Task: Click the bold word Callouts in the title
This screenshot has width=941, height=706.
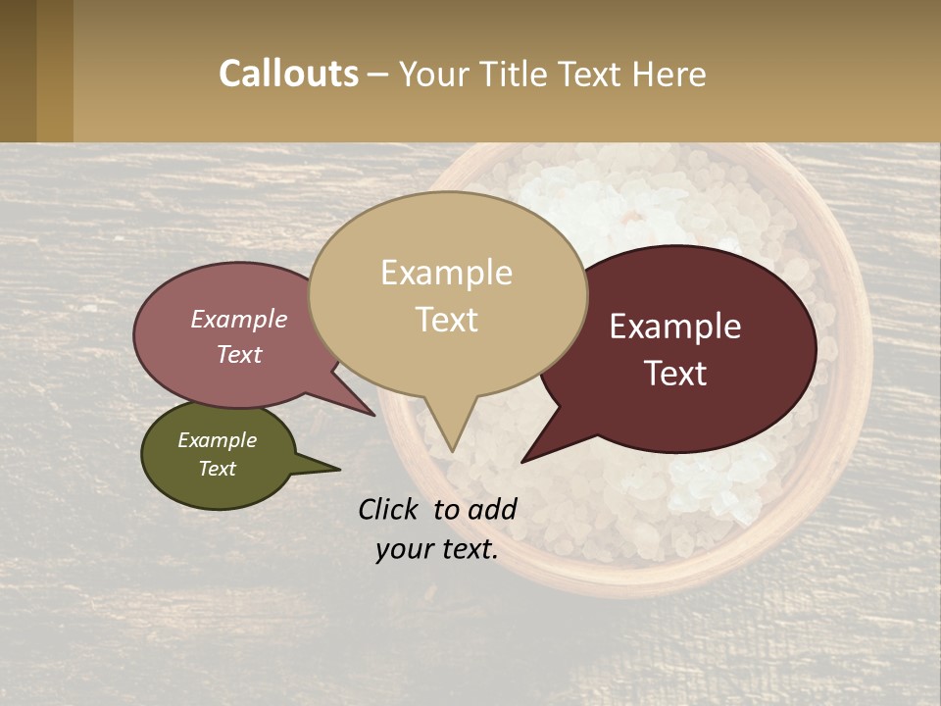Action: tap(288, 74)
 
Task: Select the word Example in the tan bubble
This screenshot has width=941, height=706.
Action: tap(446, 273)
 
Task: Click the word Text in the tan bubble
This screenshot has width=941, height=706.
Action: tap(446, 320)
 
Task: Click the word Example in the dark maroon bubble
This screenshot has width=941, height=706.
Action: tap(675, 327)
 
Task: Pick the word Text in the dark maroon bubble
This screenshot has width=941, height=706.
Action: tap(675, 374)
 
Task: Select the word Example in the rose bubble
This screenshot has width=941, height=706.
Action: tap(238, 319)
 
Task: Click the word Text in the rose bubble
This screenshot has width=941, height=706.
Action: tap(238, 354)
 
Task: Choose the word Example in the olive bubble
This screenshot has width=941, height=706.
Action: tap(217, 440)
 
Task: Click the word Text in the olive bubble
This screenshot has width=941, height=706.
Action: tap(217, 469)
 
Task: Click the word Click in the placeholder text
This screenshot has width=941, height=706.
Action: tap(389, 509)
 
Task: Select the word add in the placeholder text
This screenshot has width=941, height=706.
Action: tap(491, 509)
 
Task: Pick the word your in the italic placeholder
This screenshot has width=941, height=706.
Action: tap(403, 549)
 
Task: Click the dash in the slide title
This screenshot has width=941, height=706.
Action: tap(379, 75)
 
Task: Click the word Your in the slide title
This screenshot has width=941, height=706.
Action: tap(434, 74)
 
